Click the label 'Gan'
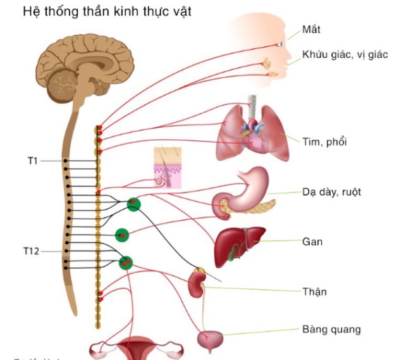pyautogui.click(x=312, y=241)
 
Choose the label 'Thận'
pyautogui.click(x=314, y=291)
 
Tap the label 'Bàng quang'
pyautogui.click(x=331, y=329)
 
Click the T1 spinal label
pyautogui.click(x=32, y=161)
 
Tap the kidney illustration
pyautogui.click(x=195, y=283)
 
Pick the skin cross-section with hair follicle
pyautogui.click(x=168, y=168)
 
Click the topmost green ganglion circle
pyautogui.click(x=133, y=204)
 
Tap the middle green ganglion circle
pyautogui.click(x=122, y=235)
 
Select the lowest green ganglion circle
pyautogui.click(x=126, y=262)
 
